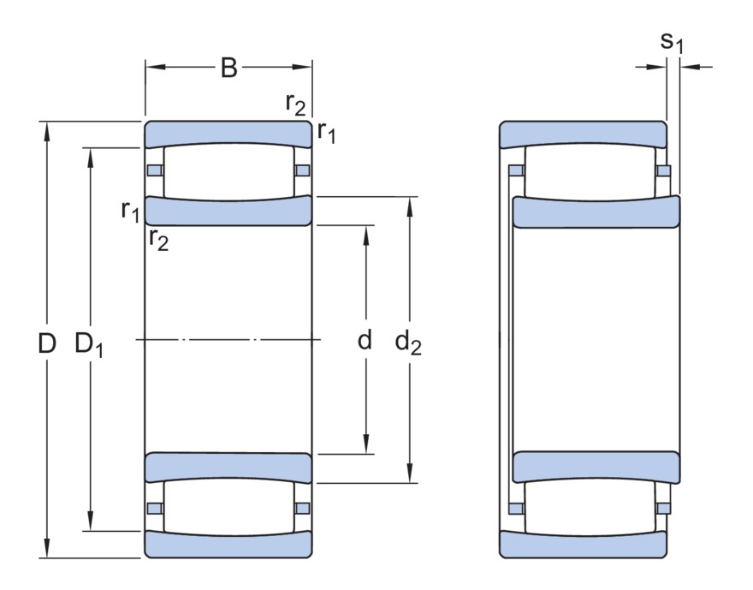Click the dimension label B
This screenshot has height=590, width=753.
click(x=228, y=68)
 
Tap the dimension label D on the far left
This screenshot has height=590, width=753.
click(x=47, y=343)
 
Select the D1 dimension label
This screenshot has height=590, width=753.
click(x=89, y=344)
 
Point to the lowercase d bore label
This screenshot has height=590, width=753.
click(x=365, y=341)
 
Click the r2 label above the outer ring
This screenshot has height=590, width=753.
click(x=294, y=104)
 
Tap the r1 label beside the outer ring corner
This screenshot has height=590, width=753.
click(x=326, y=132)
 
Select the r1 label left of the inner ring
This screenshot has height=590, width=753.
click(x=130, y=210)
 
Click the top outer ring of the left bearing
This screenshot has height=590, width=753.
click(x=228, y=134)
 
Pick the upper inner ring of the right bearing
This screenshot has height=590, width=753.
click(x=596, y=212)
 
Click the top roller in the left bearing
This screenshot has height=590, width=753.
click(x=228, y=171)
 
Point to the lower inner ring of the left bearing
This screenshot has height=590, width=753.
click(x=228, y=467)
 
